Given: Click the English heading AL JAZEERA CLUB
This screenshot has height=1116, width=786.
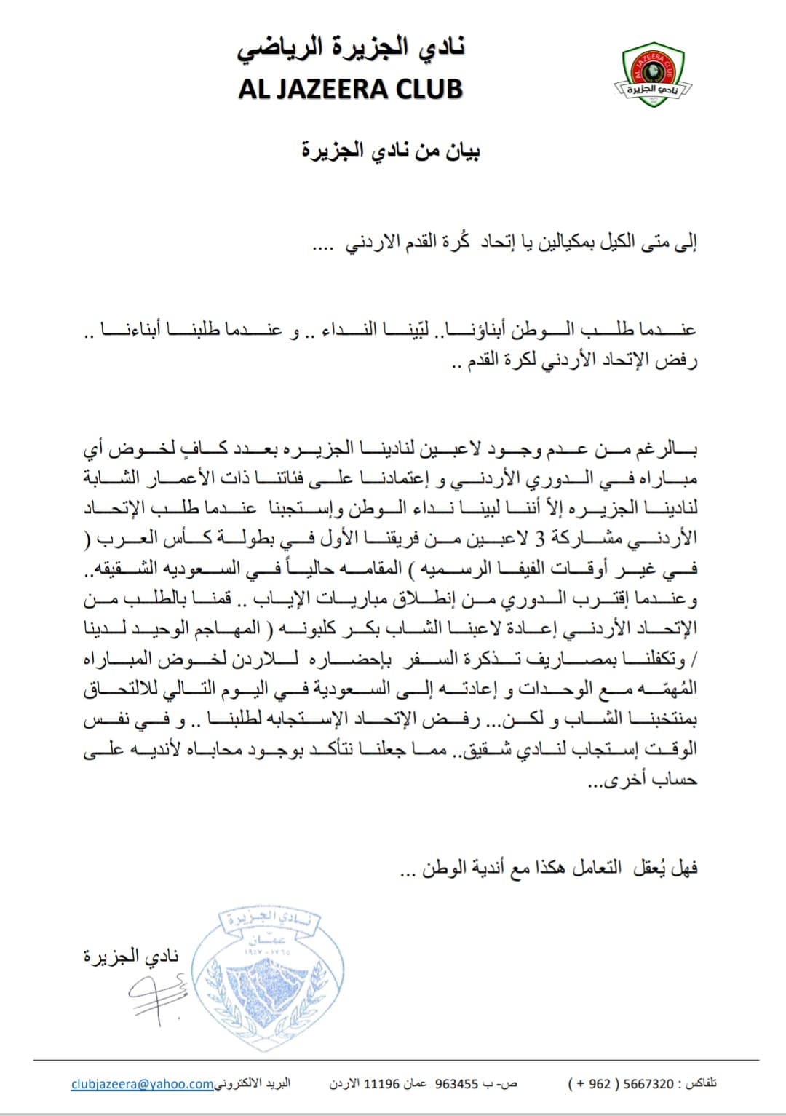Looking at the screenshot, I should click(350, 89).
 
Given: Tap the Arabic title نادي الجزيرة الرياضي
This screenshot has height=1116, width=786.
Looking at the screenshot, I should click(351, 48).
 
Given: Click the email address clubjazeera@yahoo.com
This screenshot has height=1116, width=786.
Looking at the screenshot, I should click(142, 1084).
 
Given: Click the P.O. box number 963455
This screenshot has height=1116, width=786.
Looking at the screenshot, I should click(456, 1084).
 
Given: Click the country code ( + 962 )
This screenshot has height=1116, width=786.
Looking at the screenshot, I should click(589, 1084).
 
